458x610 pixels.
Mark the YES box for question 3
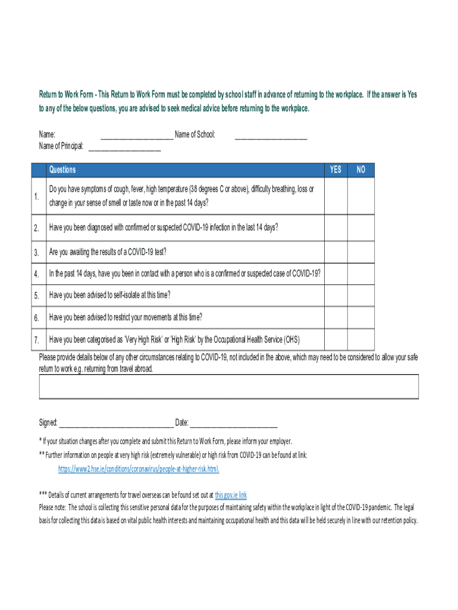click(x=336, y=253)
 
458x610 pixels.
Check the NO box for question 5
click(x=361, y=295)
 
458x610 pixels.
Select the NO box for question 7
click(x=361, y=340)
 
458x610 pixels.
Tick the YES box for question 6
click(x=336, y=317)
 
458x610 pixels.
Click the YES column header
click(x=336, y=170)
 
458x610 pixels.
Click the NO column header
click(x=361, y=170)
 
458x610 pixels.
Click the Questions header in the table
click(x=62, y=170)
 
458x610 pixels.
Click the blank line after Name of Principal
click(x=124, y=147)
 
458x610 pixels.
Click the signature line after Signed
click(x=115, y=424)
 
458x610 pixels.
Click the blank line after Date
click(x=233, y=424)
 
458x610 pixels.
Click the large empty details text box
click(x=229, y=386)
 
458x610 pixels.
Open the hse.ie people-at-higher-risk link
click(x=139, y=469)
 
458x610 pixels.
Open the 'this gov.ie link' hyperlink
click(x=231, y=495)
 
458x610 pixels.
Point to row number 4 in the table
click(x=36, y=274)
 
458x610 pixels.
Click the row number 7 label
click(x=36, y=340)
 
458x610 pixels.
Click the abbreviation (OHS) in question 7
click(x=291, y=340)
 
